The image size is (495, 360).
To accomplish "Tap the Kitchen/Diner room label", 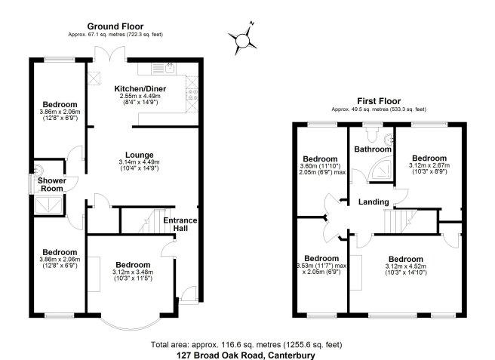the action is tap(140, 89).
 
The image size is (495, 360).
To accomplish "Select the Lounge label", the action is tap(139, 155).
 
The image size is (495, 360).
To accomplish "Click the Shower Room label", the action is tap(52, 185).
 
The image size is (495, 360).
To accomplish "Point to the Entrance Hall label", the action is tap(180, 224).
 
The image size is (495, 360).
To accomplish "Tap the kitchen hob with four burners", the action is tap(192, 94).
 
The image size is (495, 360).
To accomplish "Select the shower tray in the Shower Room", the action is tap(49, 205).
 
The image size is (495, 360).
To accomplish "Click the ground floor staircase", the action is tap(152, 221).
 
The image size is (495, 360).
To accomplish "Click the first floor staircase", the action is tap(400, 222).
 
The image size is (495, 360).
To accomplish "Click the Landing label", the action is tap(374, 202).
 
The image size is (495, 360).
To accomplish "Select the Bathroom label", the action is tap(373, 149).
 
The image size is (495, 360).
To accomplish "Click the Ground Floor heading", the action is tap(115, 26).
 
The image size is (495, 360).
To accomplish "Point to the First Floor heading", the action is tap(379, 101).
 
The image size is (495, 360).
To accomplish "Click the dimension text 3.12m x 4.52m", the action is tap(406, 266).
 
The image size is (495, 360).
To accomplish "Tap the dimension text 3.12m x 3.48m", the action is tap(133, 272).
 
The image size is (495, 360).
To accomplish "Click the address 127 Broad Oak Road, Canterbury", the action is tap(246, 355).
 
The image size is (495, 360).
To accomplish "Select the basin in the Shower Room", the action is tap(39, 170).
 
